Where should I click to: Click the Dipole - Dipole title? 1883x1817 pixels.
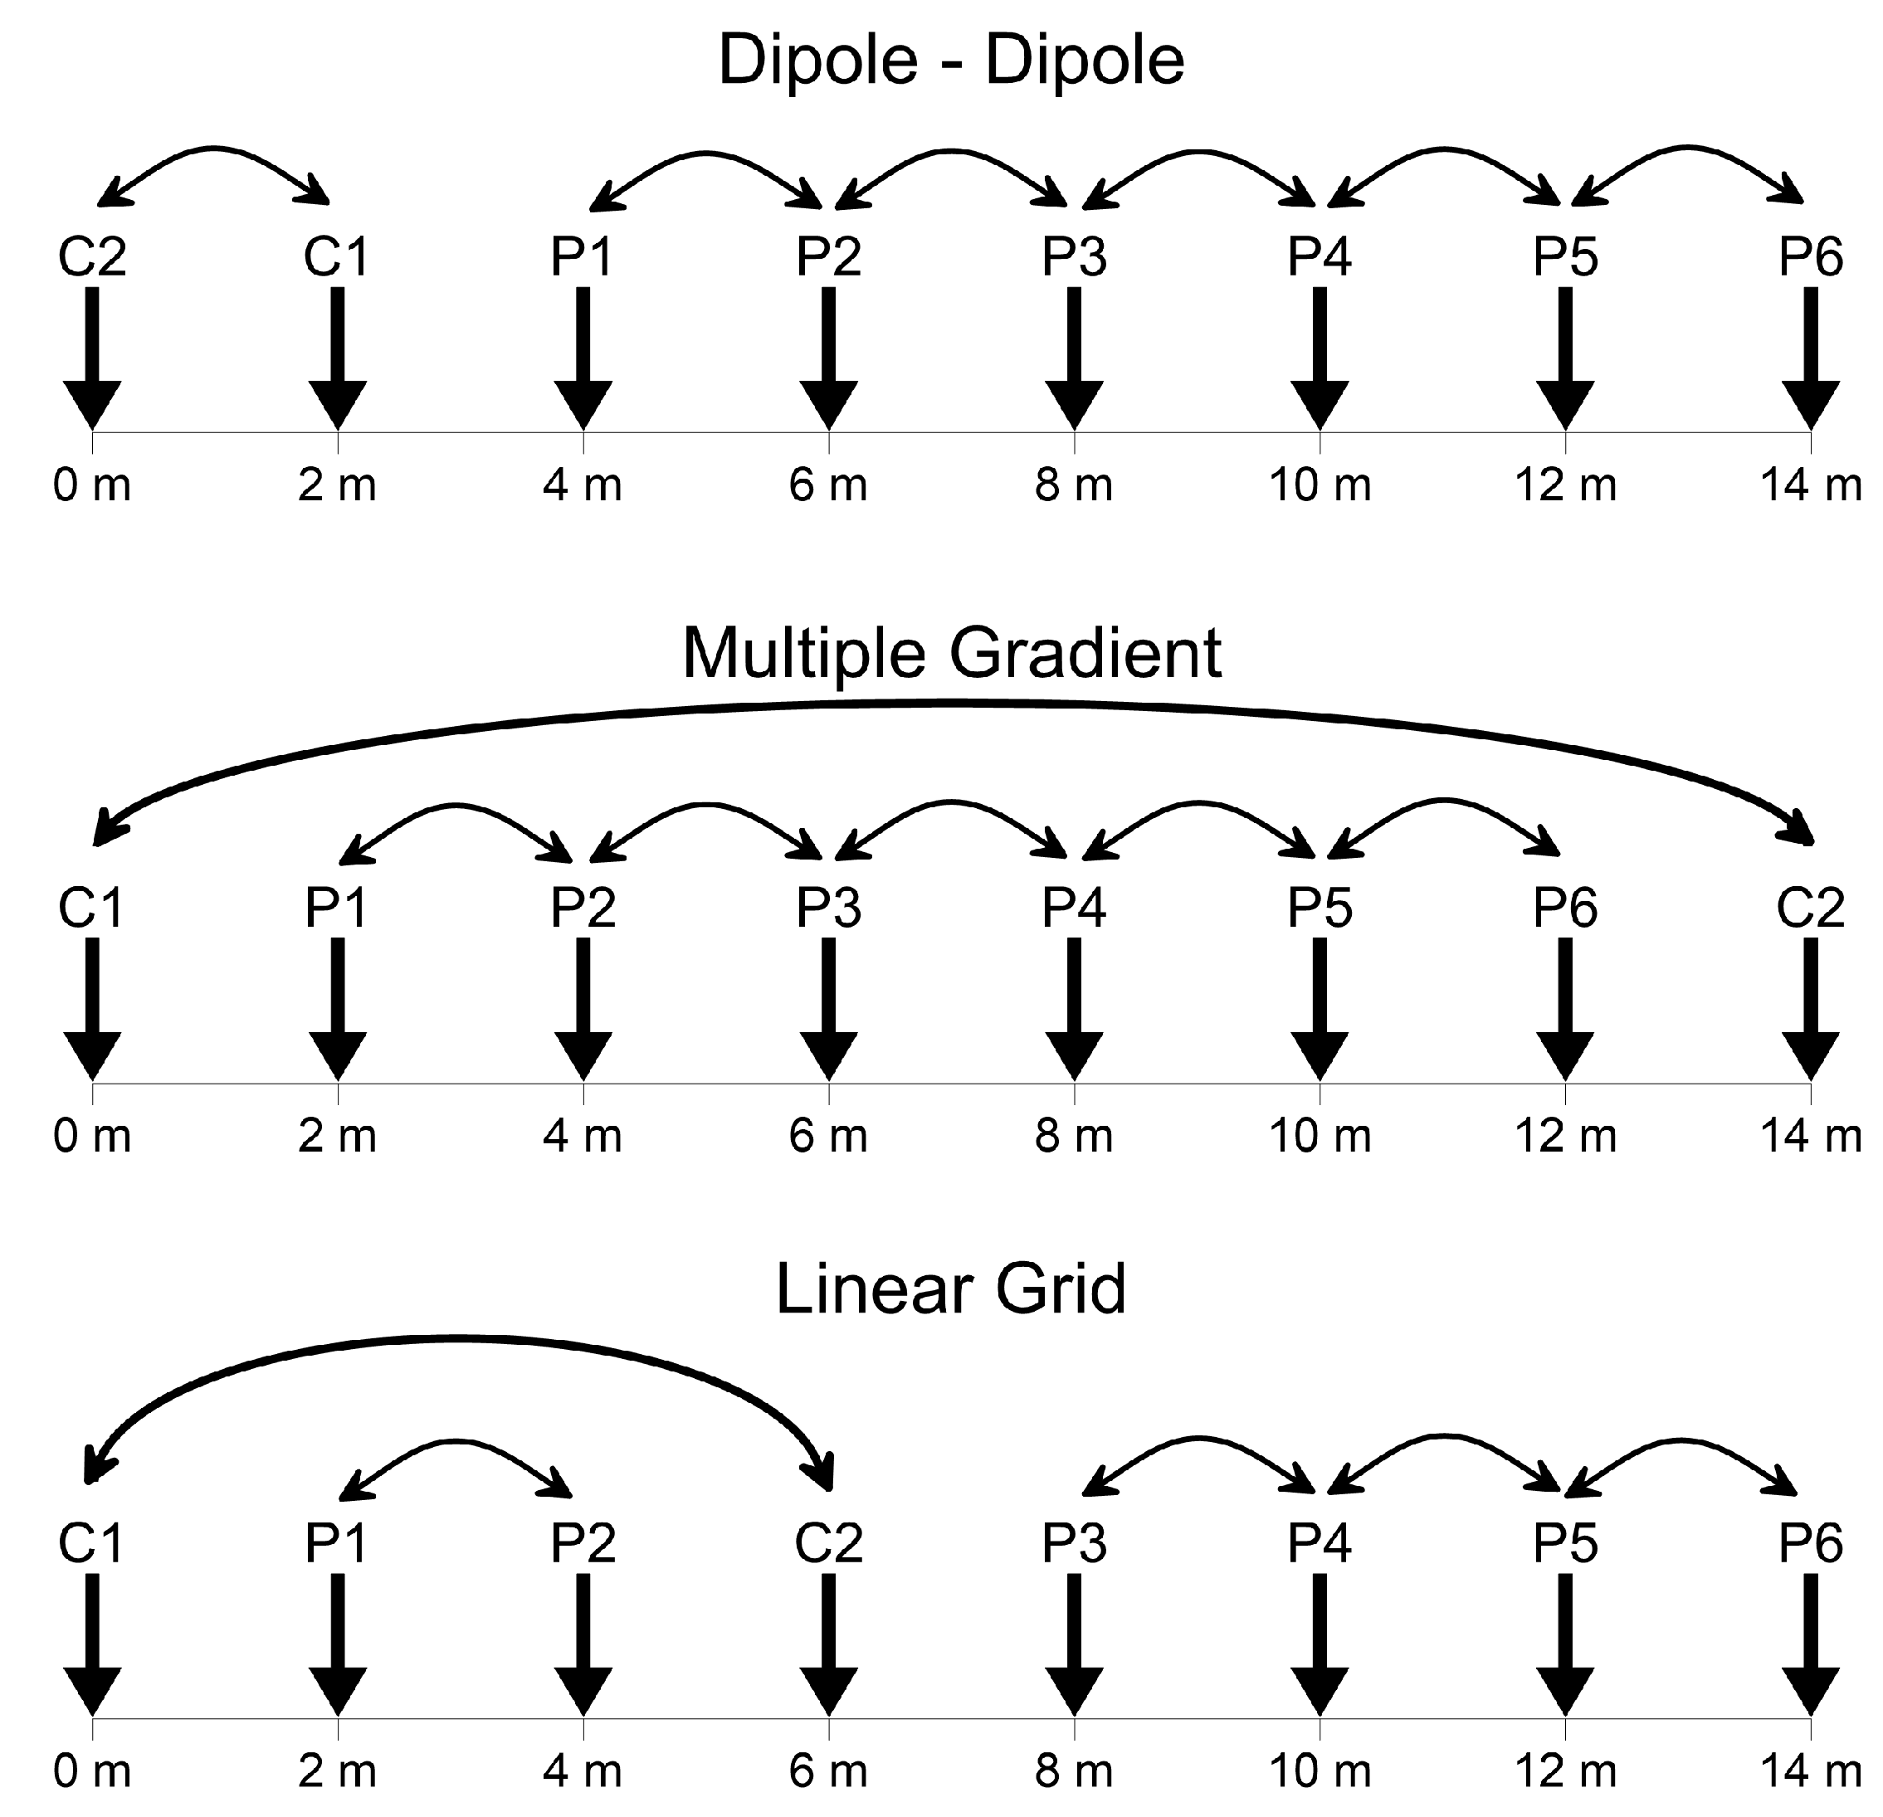pyautogui.click(x=950, y=61)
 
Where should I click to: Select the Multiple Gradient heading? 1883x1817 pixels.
pyautogui.click(x=951, y=654)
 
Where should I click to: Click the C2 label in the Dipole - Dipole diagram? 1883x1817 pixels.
pyautogui.click(x=92, y=257)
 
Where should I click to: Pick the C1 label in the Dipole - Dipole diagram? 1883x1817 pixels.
pyautogui.click(x=337, y=257)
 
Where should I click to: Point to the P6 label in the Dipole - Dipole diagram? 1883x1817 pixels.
pyautogui.click(x=1810, y=257)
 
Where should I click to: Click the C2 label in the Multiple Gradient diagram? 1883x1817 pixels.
pyautogui.click(x=1810, y=908)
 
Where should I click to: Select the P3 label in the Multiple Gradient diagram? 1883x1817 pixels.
pyautogui.click(x=828, y=908)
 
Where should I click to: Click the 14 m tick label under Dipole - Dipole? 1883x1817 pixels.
pyautogui.click(x=1810, y=486)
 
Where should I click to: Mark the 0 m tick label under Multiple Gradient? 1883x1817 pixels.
pyautogui.click(x=92, y=1137)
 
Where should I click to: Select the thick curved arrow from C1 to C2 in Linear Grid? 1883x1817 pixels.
pyautogui.click(x=456, y=1337)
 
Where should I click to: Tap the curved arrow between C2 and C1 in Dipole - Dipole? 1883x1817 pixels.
pyautogui.click(x=214, y=149)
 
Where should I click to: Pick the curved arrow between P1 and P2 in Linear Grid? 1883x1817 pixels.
pyautogui.click(x=456, y=1441)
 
